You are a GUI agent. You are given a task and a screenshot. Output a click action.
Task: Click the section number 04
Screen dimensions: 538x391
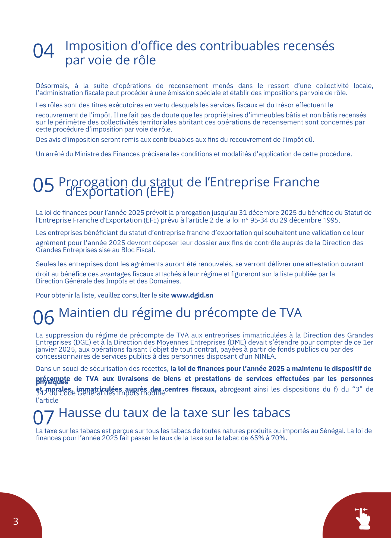pos(43,51)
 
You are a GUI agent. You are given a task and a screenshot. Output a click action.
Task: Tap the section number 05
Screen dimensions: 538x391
pos(43,185)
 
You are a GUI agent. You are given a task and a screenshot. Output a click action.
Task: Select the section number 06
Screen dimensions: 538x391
pos(43,318)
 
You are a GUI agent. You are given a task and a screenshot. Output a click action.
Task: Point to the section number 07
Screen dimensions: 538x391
pos(43,417)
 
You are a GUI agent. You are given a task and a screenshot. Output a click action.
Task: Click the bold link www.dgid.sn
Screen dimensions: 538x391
pos(192,295)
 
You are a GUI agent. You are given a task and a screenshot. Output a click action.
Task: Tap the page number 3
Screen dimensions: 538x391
pos(16,521)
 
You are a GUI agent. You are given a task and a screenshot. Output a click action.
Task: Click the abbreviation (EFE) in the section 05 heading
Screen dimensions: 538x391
pos(160,192)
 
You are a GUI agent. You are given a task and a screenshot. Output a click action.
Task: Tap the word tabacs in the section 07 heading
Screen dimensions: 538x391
pos(272,413)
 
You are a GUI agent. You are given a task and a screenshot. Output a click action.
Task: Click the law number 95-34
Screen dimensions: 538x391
pos(259,220)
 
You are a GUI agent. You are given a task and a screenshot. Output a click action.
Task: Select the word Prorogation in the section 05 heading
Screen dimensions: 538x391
pos(93,182)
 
